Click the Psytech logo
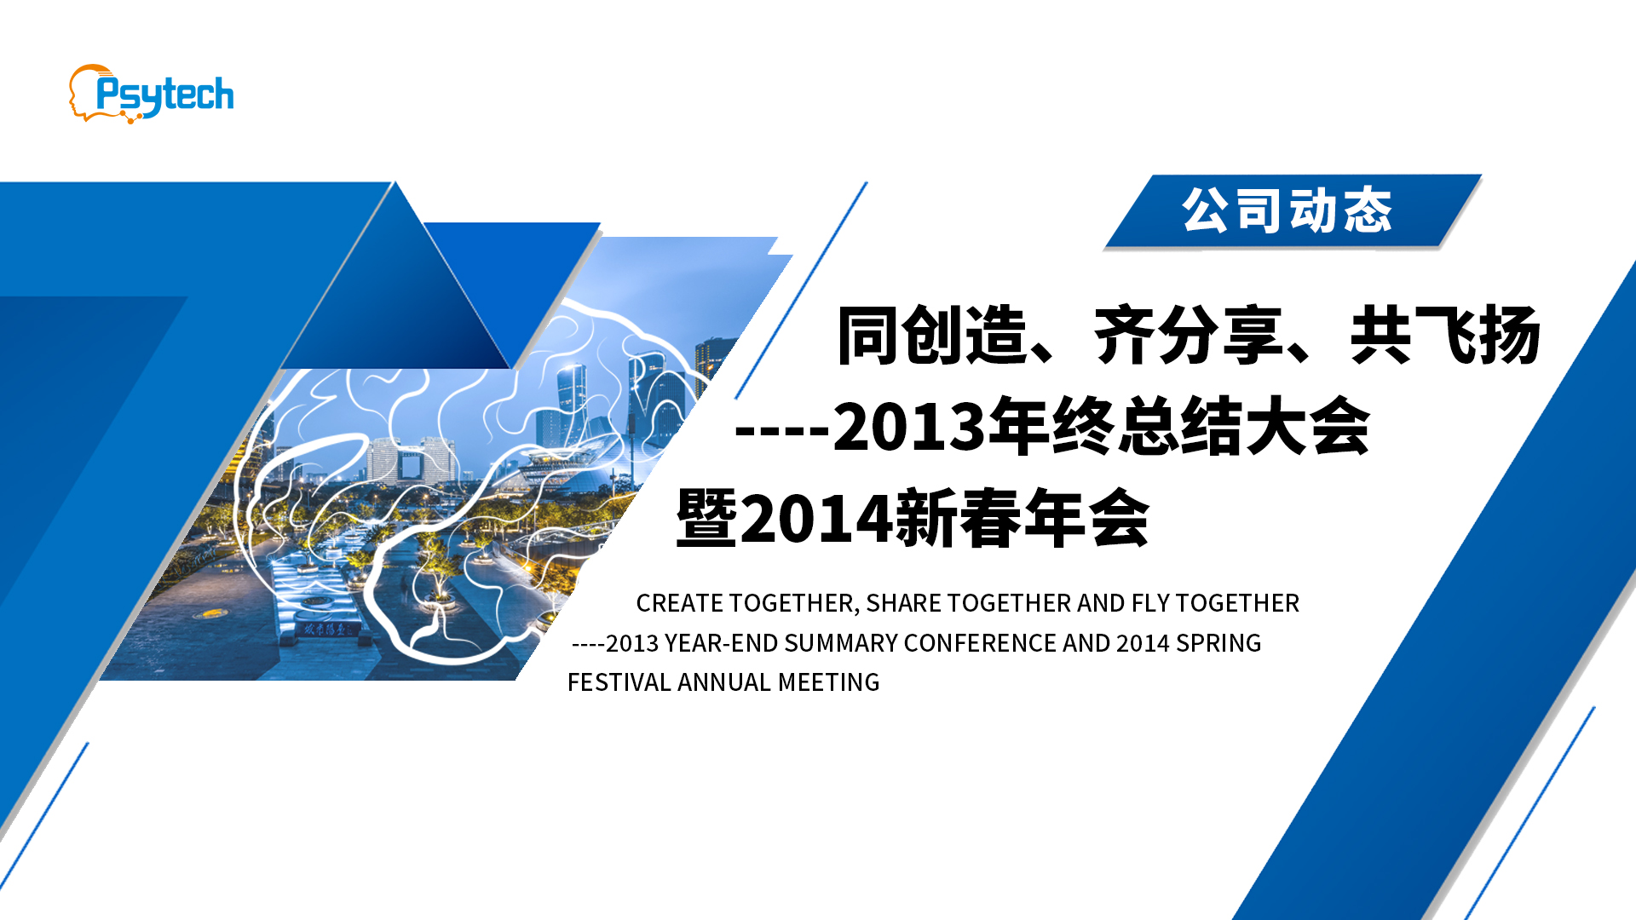(152, 94)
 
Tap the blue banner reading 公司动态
(1293, 211)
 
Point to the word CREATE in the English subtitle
(679, 603)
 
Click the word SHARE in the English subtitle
(902, 603)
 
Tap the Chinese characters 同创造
(932, 336)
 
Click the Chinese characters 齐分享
(1189, 336)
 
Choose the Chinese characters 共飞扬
(1445, 336)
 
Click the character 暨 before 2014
(706, 518)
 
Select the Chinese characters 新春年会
(1022, 518)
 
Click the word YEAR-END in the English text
(721, 643)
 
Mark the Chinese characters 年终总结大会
(1179, 426)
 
